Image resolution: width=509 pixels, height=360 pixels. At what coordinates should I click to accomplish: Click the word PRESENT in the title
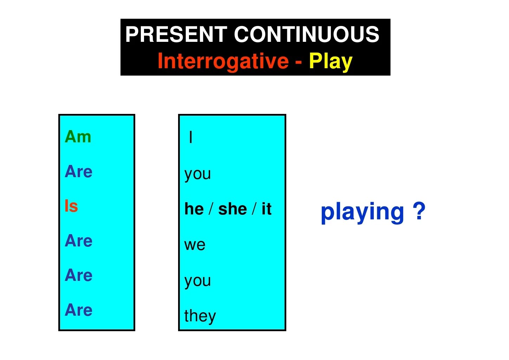pos(176,34)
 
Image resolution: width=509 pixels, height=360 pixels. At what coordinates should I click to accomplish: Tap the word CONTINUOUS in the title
pos(307,34)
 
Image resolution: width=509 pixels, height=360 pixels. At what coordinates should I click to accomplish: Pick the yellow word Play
pos(331,62)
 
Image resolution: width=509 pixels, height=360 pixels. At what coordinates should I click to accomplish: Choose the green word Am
pos(78,136)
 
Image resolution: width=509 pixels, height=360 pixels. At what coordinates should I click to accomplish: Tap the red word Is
pos(71,206)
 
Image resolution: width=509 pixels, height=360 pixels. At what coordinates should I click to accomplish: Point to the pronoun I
pos(191,137)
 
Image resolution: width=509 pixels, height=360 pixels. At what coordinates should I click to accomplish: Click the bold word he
pos(194,209)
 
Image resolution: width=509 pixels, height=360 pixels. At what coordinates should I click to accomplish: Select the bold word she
pos(233,209)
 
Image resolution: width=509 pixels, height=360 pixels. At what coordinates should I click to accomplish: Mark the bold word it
pos(267,208)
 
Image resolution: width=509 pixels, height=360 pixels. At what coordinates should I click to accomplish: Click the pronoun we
pos(195,245)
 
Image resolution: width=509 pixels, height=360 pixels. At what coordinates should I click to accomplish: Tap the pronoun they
pos(200,316)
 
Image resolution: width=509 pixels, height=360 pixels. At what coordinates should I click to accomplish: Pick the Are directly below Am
pos(78,171)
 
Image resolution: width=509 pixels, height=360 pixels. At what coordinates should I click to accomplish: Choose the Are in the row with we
pos(78,240)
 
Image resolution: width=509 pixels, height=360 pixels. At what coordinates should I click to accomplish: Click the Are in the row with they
pos(78,310)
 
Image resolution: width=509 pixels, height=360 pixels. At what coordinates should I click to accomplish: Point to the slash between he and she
pos(211,208)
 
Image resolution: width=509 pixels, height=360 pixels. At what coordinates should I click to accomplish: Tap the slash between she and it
pos(254,208)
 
